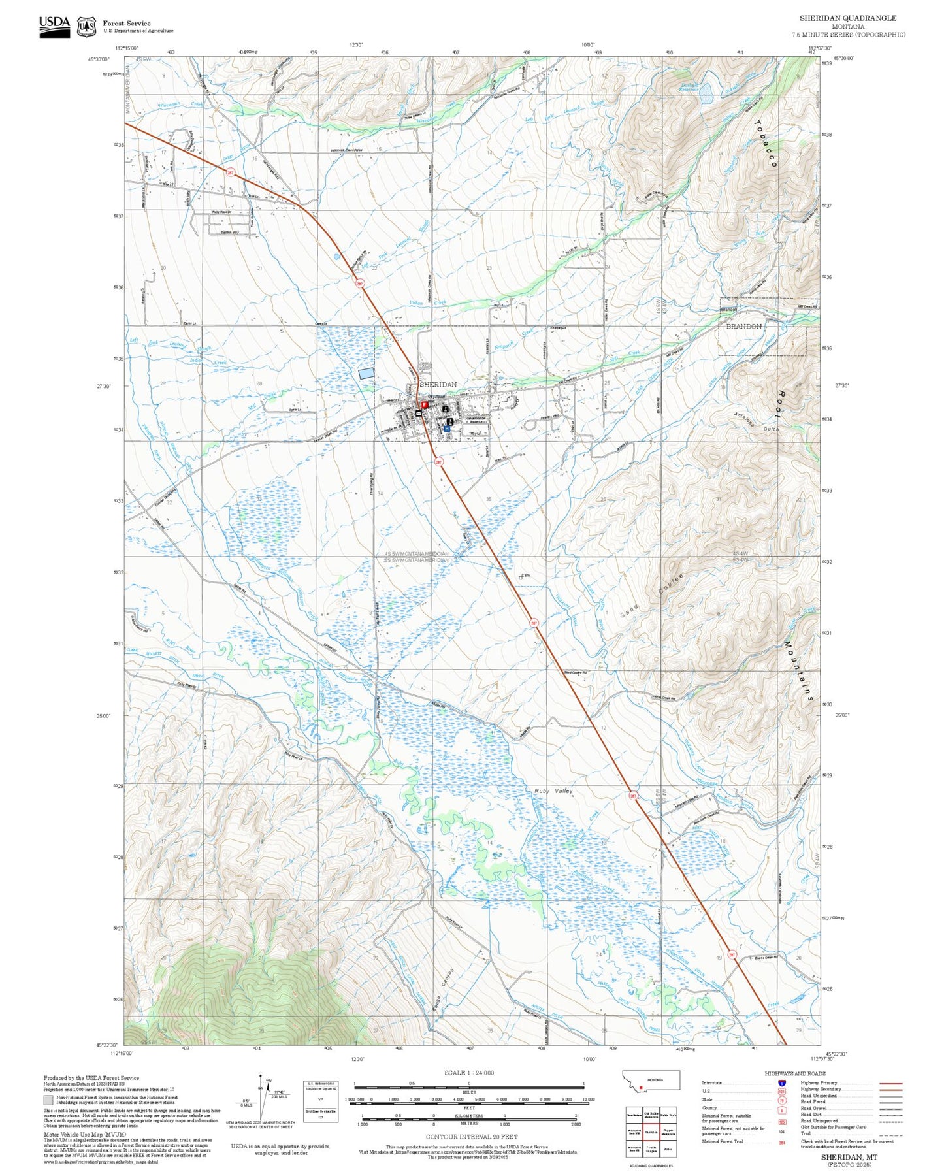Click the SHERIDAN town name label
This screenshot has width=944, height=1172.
438,385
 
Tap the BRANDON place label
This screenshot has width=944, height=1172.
743,326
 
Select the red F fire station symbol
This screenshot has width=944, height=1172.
424,405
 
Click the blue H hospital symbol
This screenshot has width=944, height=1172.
447,429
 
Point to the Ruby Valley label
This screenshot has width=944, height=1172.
553,791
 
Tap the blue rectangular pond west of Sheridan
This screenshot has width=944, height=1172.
366,372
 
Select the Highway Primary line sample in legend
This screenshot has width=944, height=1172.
891,1084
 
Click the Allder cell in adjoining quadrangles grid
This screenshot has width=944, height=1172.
668,1149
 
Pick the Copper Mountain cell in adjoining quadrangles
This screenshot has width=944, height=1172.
668,1132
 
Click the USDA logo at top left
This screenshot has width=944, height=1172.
54,26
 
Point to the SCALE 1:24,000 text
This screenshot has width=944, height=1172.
468,1073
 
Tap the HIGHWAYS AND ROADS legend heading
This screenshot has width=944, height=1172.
794,1074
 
